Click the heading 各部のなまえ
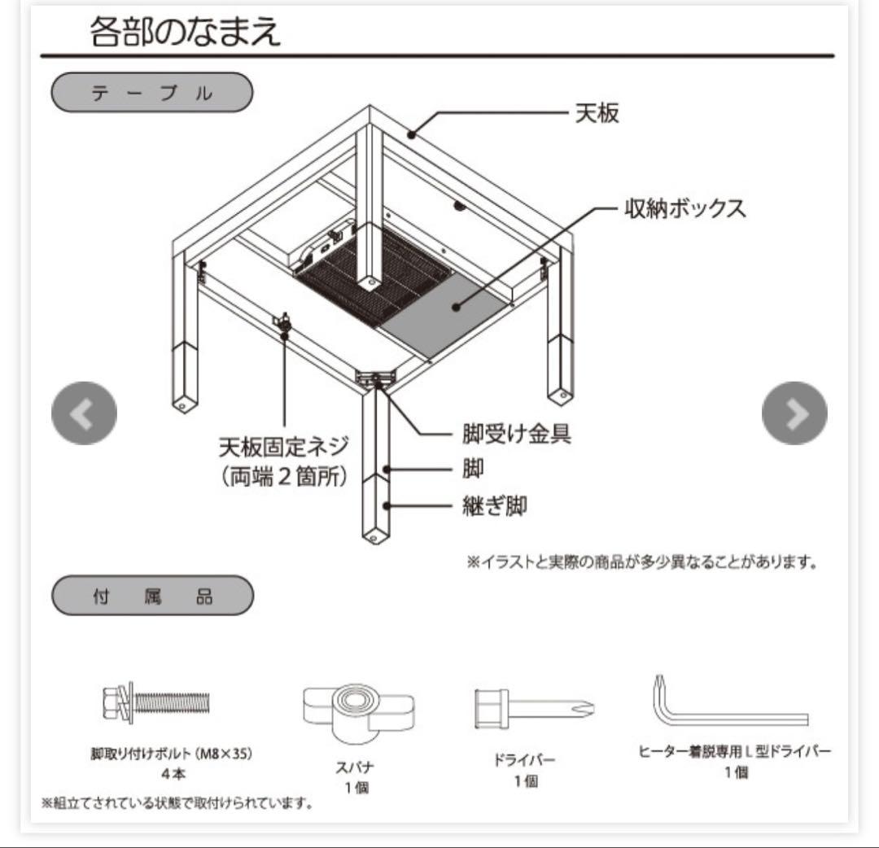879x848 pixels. click(185, 32)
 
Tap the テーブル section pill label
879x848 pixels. click(151, 93)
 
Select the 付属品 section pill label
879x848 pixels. click(151, 596)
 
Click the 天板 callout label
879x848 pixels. click(597, 113)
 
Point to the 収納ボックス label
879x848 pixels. click(685, 208)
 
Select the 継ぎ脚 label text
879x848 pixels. click(494, 506)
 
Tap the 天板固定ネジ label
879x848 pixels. click(283, 446)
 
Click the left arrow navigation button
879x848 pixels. click(84, 413)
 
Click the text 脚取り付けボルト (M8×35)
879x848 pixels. click(172, 754)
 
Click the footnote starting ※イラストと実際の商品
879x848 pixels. click(641, 562)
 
